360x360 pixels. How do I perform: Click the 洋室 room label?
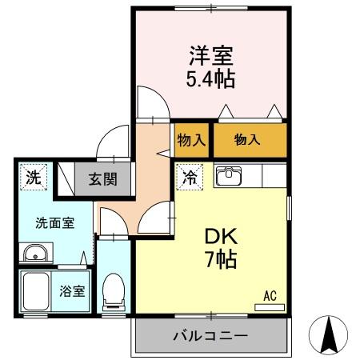[x=211, y=57]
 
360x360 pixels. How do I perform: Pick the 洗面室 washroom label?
[x=54, y=222]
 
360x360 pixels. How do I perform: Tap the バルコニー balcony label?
[x=210, y=336]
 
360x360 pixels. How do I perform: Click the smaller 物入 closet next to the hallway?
[x=192, y=140]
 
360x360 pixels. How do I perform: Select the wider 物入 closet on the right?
[x=248, y=140]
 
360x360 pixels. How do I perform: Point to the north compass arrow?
[x=328, y=335]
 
